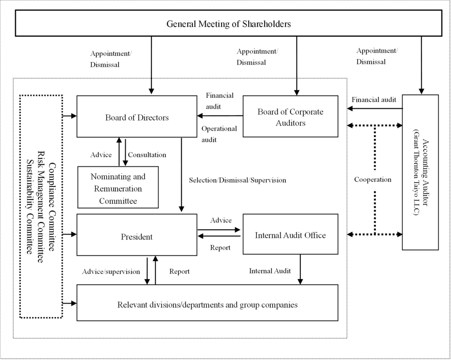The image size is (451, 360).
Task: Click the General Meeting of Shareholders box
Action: pyautogui.click(x=228, y=23)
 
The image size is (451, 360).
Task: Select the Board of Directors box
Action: pyautogui.click(x=137, y=117)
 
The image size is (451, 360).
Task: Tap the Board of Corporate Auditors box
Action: pyautogui.click(x=290, y=117)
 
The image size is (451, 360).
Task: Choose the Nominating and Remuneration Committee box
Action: pyautogui.click(x=118, y=189)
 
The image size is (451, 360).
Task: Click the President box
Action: pyautogui.click(x=137, y=237)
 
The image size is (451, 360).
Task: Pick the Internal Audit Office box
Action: pyautogui.click(x=290, y=235)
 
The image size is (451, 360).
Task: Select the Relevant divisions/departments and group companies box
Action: pyautogui.click(x=207, y=305)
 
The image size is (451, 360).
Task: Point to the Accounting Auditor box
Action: pyautogui.click(x=420, y=172)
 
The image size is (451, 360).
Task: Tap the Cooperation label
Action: pyautogui.click(x=373, y=180)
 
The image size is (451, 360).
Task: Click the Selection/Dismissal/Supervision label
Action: pyautogui.click(x=237, y=180)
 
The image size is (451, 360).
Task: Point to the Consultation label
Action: pyautogui.click(x=147, y=154)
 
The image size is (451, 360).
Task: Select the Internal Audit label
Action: pyautogui.click(x=270, y=271)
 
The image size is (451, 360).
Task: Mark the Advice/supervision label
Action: pyautogui.click(x=111, y=272)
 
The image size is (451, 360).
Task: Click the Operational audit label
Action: pyautogui.click(x=219, y=133)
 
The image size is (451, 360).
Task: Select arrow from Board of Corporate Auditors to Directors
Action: pyautogui.click(x=220, y=116)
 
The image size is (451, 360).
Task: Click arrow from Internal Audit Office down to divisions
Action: pyautogui.click(x=300, y=269)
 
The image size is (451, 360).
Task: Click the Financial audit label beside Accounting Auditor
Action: pyautogui.click(x=374, y=100)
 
